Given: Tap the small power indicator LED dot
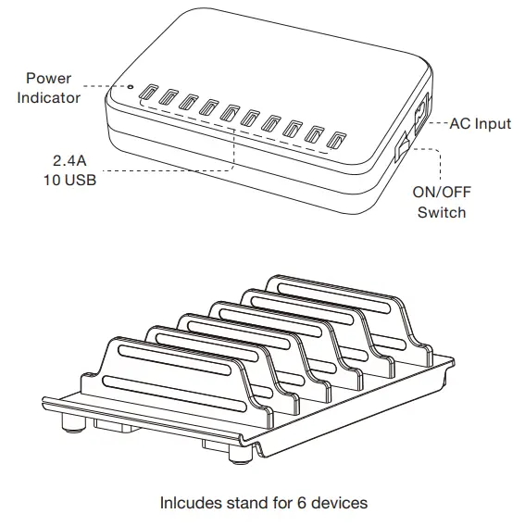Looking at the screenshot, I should (x=131, y=89).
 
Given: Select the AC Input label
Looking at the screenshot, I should (x=480, y=123).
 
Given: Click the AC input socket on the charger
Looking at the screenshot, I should (x=418, y=117).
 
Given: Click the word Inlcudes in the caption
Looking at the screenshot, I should (x=188, y=503).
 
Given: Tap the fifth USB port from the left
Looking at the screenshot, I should (x=230, y=116).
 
